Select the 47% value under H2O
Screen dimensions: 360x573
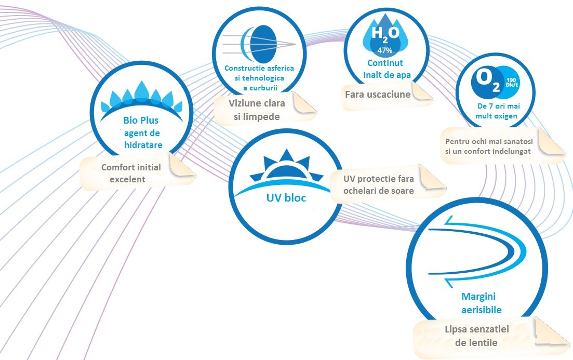tap(385, 50)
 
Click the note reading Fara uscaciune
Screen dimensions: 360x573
tap(378, 95)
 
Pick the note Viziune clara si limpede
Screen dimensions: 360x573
tap(257, 110)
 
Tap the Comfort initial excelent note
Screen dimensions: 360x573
tap(131, 173)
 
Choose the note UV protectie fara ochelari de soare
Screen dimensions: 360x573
tap(378, 184)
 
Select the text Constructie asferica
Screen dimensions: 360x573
tap(259, 68)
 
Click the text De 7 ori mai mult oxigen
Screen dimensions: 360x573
tap(496, 111)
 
